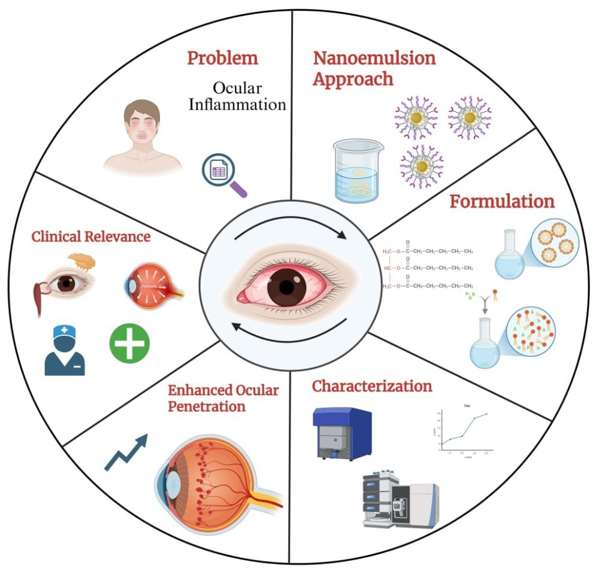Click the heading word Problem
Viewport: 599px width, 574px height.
click(222, 59)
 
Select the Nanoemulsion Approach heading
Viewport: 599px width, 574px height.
click(374, 68)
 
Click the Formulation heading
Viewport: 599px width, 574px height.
click(502, 201)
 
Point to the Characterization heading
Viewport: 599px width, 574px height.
click(371, 386)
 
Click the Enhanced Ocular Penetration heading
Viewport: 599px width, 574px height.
click(223, 398)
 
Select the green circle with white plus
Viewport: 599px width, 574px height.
click(129, 343)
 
